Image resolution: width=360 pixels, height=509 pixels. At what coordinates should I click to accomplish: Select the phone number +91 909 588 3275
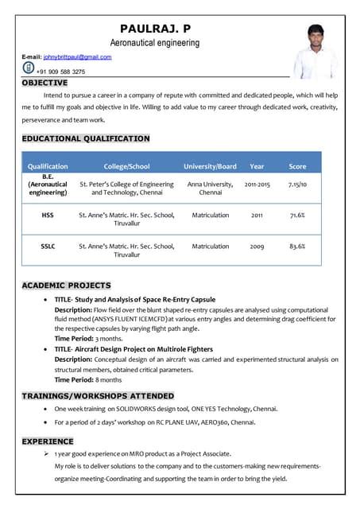pos(60,71)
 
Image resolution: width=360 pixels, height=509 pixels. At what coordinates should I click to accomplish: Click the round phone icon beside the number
pos(29,69)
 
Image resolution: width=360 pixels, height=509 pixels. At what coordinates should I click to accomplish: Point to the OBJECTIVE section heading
pos(45,83)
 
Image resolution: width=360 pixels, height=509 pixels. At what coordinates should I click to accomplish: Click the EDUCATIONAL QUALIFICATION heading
pos(86,138)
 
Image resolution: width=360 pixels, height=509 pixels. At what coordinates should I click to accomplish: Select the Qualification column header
pos(48,166)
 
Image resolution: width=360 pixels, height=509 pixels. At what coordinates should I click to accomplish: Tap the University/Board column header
pos(210,166)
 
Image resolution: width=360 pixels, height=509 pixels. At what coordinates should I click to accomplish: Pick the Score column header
pos(297,166)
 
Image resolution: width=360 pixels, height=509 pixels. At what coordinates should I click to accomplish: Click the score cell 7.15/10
pos(297,184)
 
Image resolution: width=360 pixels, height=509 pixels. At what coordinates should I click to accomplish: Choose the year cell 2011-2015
pos(257,184)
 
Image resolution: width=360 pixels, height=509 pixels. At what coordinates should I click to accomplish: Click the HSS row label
pos(48,215)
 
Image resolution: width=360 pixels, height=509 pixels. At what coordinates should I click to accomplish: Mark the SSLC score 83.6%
pos(297,247)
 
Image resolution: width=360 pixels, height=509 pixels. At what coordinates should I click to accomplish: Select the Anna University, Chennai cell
pos(210,188)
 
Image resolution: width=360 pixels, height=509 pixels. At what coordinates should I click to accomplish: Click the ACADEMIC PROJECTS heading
pos(66,285)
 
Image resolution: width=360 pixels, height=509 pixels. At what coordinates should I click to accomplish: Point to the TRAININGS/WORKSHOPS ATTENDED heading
pos(98,395)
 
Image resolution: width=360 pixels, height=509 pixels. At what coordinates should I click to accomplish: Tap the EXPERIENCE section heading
pos(48,441)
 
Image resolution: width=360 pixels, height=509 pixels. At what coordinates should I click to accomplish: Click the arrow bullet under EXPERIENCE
pos(47,452)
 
